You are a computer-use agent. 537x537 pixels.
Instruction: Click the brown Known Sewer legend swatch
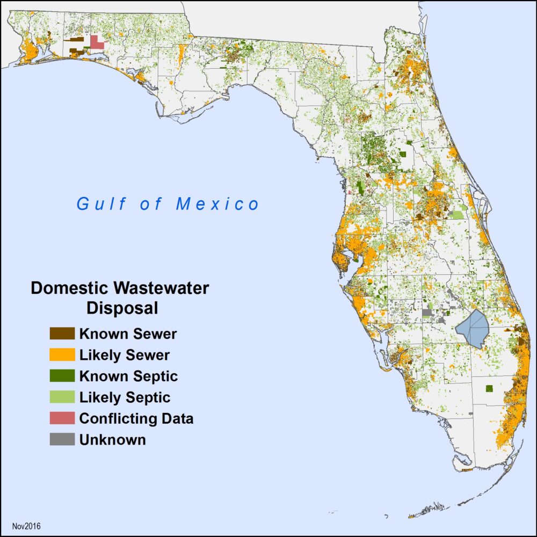click(x=62, y=333)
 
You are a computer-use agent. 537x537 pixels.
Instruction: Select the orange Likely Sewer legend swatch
click(x=62, y=355)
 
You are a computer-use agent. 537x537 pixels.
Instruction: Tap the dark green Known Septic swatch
click(x=62, y=376)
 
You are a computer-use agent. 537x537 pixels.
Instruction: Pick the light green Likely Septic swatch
click(x=62, y=397)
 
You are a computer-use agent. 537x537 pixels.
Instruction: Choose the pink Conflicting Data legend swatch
click(x=62, y=418)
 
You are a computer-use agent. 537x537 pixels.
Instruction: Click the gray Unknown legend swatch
click(x=62, y=439)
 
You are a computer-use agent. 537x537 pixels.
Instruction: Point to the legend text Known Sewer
click(x=128, y=333)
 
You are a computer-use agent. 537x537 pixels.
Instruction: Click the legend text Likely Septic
click(x=125, y=397)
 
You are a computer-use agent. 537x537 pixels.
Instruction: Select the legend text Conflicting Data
click(x=136, y=418)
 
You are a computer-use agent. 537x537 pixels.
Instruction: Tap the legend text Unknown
click(x=112, y=439)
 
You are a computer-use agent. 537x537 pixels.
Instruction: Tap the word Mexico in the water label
click(x=217, y=204)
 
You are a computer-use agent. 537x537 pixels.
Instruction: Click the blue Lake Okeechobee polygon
click(x=471, y=328)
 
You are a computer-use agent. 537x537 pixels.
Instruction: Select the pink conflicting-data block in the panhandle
click(x=97, y=42)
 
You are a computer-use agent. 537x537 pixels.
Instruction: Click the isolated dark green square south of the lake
click(x=489, y=388)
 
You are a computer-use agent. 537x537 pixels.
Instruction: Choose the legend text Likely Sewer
click(x=124, y=355)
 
